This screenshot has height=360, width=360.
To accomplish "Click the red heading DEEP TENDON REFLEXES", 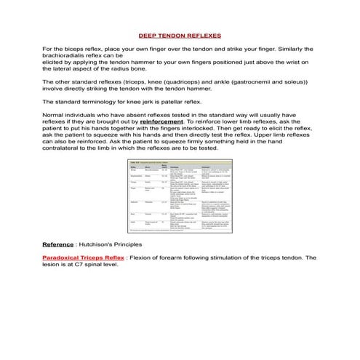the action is (x=180, y=35).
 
